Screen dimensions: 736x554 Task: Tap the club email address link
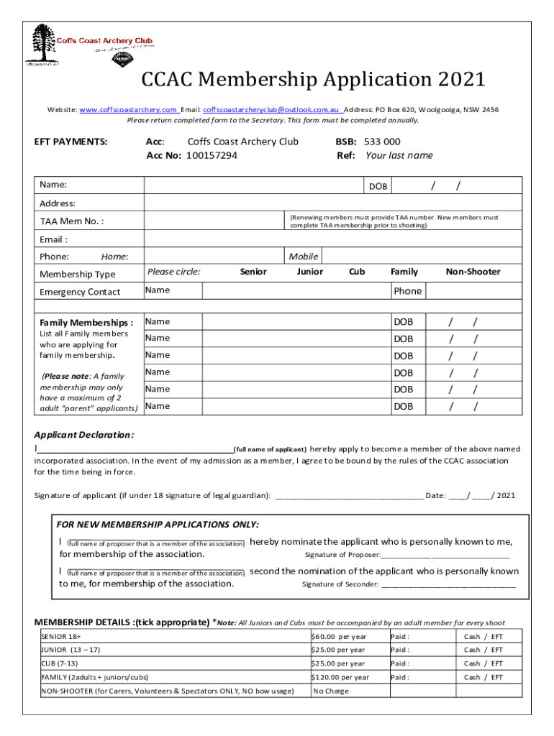coord(271,110)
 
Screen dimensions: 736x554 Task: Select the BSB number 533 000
coord(382,142)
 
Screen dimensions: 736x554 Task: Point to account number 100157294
coord(212,155)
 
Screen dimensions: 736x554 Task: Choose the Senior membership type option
coord(253,272)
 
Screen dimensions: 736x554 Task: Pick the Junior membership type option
coord(309,272)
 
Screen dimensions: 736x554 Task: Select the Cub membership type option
coord(357,272)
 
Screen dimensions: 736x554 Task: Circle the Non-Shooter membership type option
coord(473,272)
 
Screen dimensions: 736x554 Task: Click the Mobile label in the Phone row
coord(303,256)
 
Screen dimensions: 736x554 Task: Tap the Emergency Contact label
coord(80,292)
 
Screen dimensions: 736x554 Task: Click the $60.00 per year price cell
coord(338,637)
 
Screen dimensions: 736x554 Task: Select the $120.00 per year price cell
coord(340,677)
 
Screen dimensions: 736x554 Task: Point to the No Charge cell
coord(331,691)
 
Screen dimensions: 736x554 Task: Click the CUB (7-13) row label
coord(60,663)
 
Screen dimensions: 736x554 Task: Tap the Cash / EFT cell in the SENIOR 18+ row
coord(483,637)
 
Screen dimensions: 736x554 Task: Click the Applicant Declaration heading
coord(84,435)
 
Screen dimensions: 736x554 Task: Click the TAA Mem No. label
coord(71,221)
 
